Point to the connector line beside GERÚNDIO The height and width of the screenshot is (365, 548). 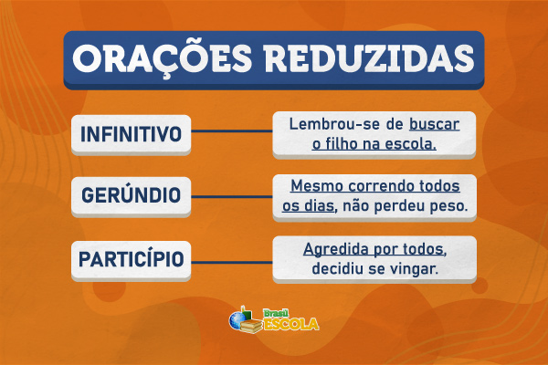click(x=232, y=194)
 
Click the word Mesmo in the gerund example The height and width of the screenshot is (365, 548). click(x=315, y=184)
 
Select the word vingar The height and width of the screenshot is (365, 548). click(x=416, y=271)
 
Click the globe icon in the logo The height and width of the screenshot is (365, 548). click(x=239, y=321)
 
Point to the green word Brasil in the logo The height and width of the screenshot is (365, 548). click(x=276, y=311)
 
